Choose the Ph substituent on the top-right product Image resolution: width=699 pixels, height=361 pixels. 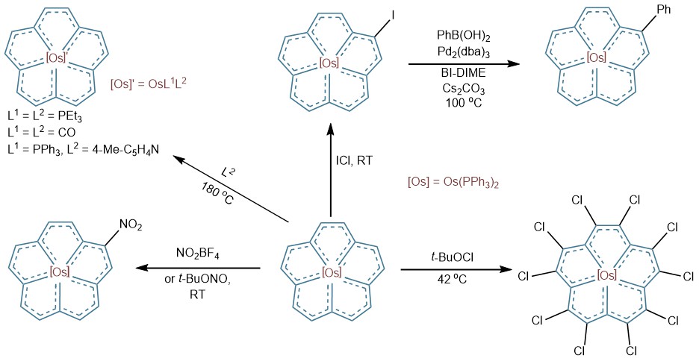(x=663, y=10)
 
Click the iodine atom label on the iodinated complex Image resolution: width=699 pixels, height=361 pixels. (x=392, y=7)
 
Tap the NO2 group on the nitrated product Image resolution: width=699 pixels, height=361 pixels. (x=131, y=227)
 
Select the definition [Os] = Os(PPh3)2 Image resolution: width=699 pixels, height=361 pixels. (x=453, y=183)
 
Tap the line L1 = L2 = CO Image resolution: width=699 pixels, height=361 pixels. (x=42, y=132)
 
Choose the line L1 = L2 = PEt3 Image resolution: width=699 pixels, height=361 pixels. (x=45, y=117)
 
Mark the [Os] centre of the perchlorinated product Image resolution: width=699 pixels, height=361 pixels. (x=607, y=275)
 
